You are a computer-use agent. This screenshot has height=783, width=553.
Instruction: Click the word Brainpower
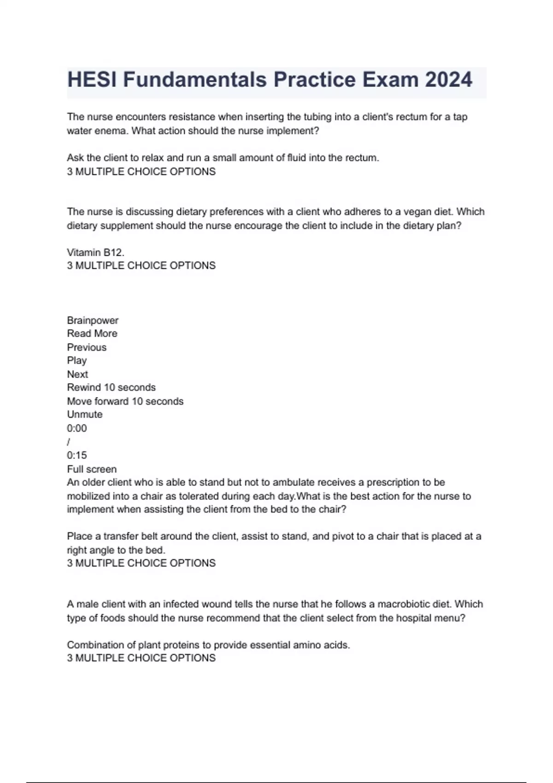tap(93, 320)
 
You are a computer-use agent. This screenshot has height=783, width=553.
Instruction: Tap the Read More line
tap(92, 333)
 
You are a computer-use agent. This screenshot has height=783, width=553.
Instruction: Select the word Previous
tap(87, 347)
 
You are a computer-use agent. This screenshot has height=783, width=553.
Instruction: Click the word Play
tap(76, 361)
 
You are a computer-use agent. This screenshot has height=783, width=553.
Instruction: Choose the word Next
tap(77, 374)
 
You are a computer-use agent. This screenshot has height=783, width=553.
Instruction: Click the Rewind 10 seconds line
tap(111, 387)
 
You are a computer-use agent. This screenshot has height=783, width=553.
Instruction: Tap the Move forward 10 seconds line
tap(125, 401)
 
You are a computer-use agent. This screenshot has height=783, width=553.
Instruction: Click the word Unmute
tap(85, 415)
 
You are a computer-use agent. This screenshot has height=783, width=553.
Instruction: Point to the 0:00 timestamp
tap(76, 428)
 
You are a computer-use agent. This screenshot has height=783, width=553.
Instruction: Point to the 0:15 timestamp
tap(76, 456)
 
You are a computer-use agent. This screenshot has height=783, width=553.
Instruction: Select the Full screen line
tap(92, 469)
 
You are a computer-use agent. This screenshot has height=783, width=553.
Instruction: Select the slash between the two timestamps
tap(69, 442)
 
